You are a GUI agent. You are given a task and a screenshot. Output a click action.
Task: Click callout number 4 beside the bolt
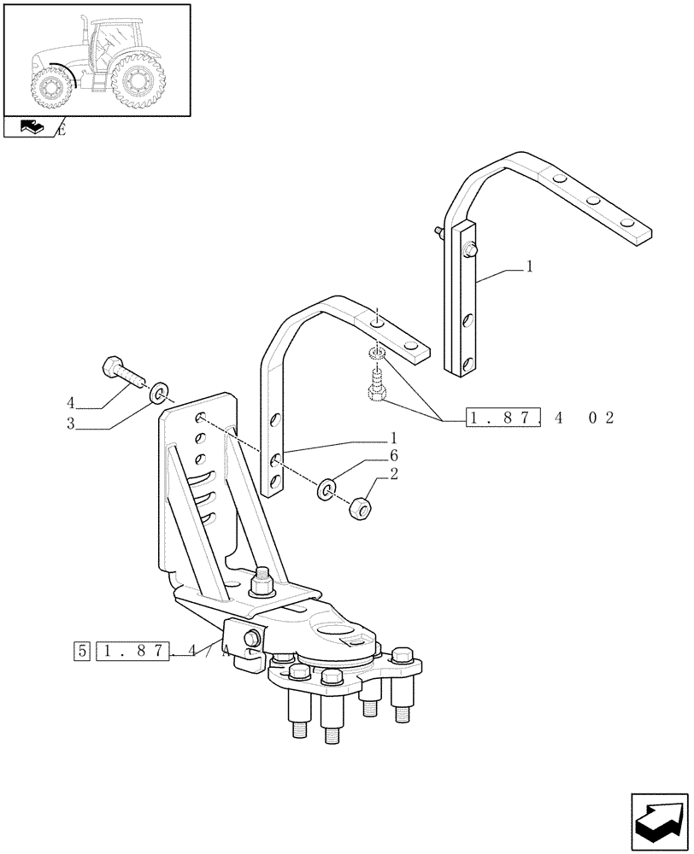[72, 401]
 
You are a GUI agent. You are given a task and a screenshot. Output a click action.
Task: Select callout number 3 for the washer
[72, 424]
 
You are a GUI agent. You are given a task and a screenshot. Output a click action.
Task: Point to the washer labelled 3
[159, 395]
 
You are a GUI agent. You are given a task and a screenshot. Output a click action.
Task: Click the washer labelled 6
[326, 490]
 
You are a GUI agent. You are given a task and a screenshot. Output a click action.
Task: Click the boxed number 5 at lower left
[81, 652]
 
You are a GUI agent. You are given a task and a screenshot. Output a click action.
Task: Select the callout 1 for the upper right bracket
[529, 267]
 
